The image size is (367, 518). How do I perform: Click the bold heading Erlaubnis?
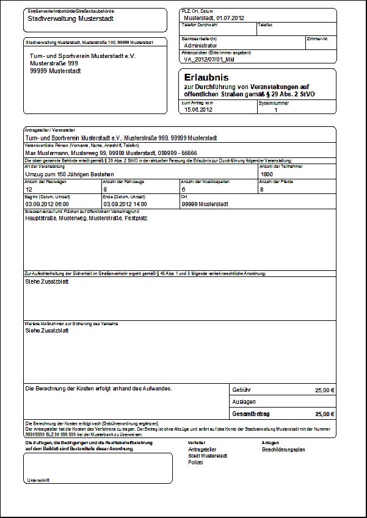click(206, 77)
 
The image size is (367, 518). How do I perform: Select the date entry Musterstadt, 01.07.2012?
click(214, 18)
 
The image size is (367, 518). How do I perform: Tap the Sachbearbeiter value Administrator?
click(200, 45)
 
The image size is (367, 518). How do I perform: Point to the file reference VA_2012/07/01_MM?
click(209, 60)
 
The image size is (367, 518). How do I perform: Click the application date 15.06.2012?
click(198, 110)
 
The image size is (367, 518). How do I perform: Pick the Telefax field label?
click(265, 25)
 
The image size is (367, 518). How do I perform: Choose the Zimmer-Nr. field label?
click(318, 38)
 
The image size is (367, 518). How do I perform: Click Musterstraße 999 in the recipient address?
click(54, 63)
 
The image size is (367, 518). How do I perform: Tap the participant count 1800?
click(267, 174)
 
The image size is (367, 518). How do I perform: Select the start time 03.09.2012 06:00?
click(47, 204)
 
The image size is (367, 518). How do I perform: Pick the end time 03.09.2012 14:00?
click(125, 204)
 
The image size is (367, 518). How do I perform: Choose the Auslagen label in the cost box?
click(244, 401)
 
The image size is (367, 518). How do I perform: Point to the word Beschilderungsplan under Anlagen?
click(283, 450)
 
